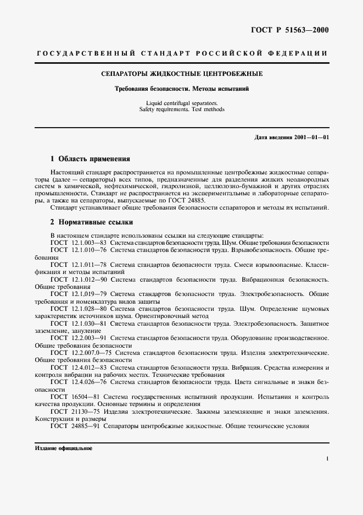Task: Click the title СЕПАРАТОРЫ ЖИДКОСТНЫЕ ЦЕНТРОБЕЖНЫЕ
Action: [181, 73]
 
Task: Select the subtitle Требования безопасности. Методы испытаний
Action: [181, 89]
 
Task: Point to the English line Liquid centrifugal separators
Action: [181, 103]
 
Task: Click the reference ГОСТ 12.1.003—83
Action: [77, 243]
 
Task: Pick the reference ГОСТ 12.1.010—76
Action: [77, 250]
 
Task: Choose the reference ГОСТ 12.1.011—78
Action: [77, 265]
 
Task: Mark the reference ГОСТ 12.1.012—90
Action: [77, 280]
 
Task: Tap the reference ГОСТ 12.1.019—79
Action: [77, 294]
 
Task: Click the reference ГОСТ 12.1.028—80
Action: [77, 309]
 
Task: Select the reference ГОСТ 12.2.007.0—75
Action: [81, 352]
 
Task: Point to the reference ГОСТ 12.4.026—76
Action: [77, 381]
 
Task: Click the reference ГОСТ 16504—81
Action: [74, 396]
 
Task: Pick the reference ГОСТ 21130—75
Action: [74, 411]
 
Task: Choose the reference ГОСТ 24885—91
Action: [74, 426]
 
